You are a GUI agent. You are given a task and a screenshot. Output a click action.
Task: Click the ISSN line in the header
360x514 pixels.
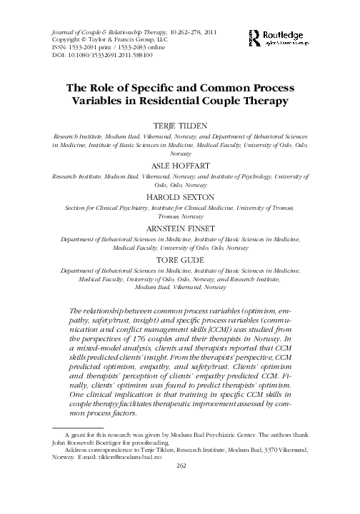pyautogui.click(x=100, y=48)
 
